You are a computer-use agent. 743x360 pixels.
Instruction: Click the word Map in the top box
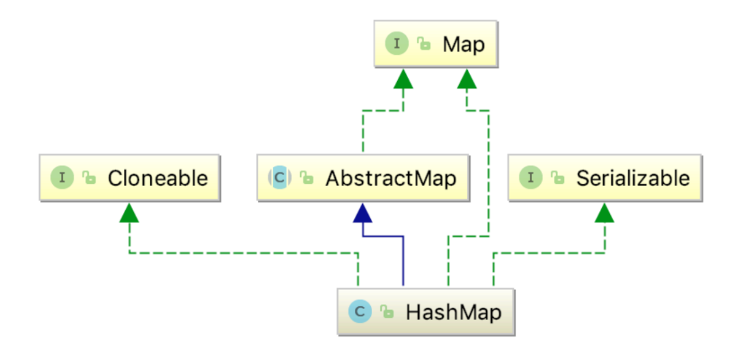tap(464, 45)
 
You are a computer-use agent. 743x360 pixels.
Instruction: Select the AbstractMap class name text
tap(391, 178)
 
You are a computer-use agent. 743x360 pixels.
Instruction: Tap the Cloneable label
tap(158, 178)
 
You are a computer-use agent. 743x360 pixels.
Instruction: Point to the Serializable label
tap(633, 178)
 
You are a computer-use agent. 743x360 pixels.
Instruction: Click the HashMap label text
tap(453, 312)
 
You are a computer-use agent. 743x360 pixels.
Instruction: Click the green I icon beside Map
tap(397, 45)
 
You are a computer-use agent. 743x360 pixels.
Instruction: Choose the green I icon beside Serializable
tap(531, 178)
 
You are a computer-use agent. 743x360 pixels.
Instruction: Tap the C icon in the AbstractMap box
tap(279, 178)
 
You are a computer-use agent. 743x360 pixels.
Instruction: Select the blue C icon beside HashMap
tap(359, 312)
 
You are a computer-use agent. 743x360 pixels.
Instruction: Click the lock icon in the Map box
tap(423, 45)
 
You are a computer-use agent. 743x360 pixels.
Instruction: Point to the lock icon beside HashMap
tap(388, 312)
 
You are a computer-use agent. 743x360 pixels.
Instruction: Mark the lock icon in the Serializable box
tap(558, 178)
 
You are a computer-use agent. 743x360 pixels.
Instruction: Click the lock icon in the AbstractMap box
tap(306, 178)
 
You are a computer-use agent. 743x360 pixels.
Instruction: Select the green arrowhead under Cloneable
tap(129, 214)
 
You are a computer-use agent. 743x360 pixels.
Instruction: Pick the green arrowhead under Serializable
tap(604, 214)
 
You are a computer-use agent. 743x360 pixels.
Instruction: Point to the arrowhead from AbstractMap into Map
tap(403, 81)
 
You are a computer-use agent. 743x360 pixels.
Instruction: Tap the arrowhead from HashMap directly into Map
tap(467, 81)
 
